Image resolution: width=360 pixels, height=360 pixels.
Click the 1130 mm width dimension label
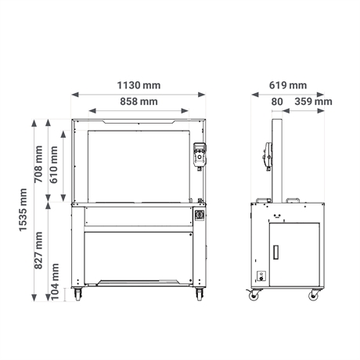point(139,85)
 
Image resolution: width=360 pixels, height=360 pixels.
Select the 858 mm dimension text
point(139,102)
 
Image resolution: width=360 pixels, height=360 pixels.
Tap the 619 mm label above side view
point(288,85)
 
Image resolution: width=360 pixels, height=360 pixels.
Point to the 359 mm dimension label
point(313,102)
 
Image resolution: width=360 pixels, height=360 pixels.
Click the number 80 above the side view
point(277,102)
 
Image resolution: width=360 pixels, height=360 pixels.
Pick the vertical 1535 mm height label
point(23,210)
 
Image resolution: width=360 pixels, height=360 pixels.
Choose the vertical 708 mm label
point(38,164)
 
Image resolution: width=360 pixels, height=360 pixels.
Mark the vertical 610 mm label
point(54,164)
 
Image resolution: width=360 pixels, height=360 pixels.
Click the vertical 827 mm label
point(38,250)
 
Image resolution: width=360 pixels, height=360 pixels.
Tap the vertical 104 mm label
point(55,282)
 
